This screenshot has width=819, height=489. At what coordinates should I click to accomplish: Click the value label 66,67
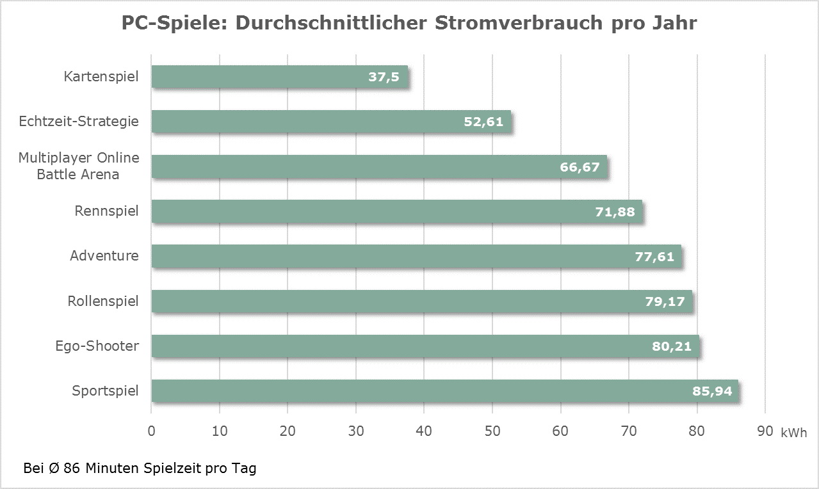(579, 167)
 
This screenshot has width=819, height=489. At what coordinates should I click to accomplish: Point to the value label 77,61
(654, 257)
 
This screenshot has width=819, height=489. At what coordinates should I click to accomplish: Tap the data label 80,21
(672, 346)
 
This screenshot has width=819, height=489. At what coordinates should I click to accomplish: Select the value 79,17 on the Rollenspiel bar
(664, 301)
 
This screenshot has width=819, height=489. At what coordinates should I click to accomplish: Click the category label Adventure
(104, 256)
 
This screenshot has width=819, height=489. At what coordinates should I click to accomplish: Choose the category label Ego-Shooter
(97, 346)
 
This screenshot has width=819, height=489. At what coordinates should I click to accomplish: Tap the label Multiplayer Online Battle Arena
(79, 166)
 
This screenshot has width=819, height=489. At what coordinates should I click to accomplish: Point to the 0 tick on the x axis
(152, 431)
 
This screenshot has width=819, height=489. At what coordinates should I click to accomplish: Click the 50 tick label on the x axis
(492, 431)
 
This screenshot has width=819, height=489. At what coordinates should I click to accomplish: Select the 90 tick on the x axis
(765, 431)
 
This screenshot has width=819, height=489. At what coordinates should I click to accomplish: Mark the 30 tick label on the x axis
(356, 431)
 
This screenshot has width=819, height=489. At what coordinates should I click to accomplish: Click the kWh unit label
(794, 433)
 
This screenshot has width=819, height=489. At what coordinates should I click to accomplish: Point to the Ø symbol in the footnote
(54, 468)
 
